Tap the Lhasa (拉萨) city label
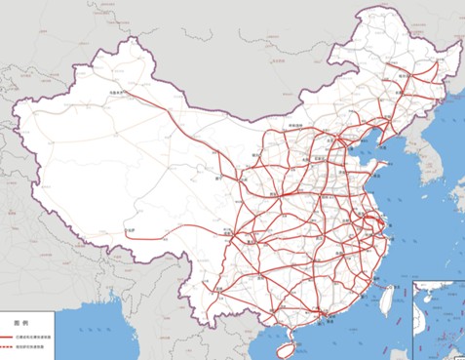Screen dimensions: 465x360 (x=131, y=229)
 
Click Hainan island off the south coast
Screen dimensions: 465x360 (x=286, y=342)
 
